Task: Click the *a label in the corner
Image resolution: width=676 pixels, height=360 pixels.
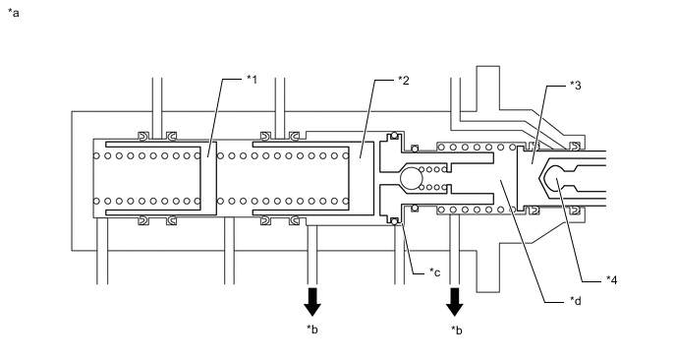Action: (14, 13)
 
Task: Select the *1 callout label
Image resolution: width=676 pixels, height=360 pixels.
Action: (252, 80)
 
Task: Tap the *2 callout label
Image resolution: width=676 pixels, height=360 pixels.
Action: (404, 81)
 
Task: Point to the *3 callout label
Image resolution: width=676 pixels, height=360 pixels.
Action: (576, 86)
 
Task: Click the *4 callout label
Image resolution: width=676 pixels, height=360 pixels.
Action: (612, 280)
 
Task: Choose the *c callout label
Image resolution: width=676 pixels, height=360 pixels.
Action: (434, 272)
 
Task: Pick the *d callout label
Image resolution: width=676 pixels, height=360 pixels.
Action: (576, 300)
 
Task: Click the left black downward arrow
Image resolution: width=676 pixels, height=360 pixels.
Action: (312, 302)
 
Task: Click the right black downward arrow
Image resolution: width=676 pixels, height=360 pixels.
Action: (454, 302)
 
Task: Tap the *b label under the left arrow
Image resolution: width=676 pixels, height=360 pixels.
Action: (312, 330)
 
